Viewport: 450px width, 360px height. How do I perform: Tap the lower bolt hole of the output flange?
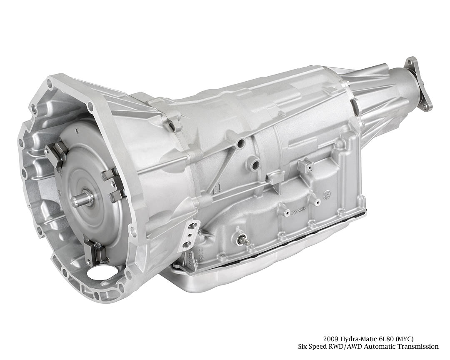(425, 107)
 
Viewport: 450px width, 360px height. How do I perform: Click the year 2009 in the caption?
(330, 339)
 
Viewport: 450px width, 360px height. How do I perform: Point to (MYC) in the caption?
(406, 339)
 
